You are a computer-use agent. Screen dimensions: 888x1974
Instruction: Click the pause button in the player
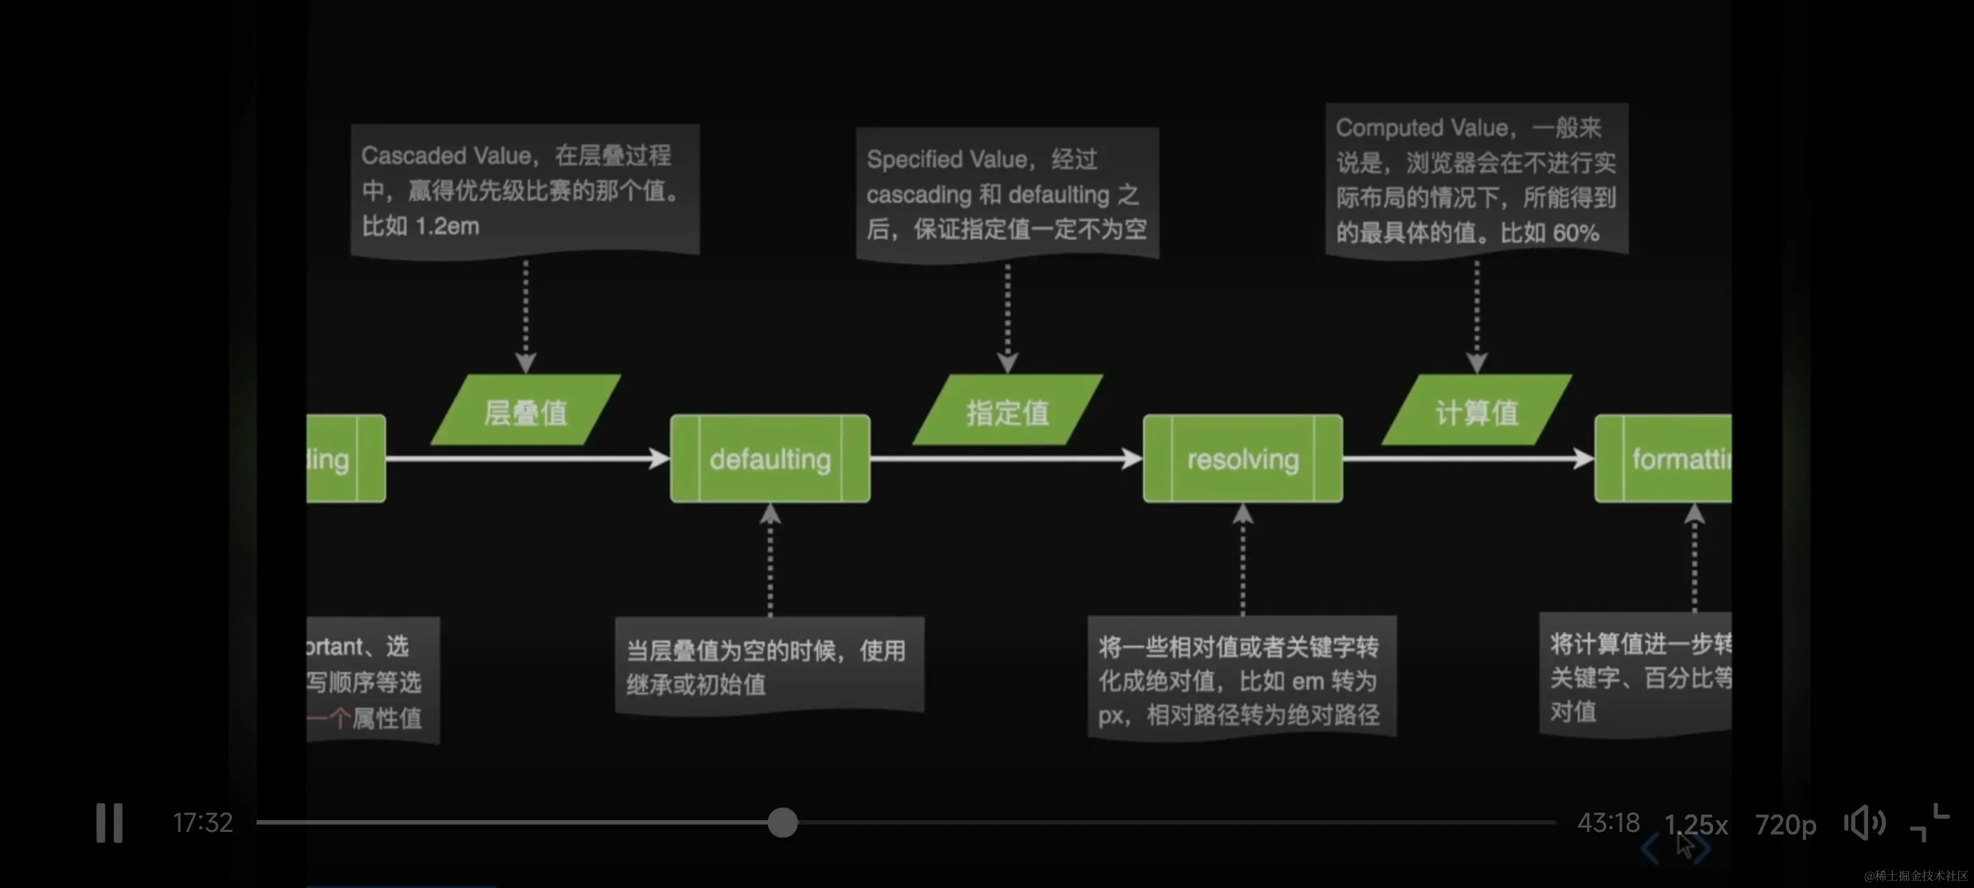click(x=109, y=823)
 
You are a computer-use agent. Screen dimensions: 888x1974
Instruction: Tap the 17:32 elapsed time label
click(x=202, y=823)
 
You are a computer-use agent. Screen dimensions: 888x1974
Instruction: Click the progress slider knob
click(x=783, y=823)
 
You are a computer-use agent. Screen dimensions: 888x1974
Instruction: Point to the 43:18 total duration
click(x=1608, y=823)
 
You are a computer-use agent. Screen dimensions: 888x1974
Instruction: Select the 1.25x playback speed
click(x=1696, y=825)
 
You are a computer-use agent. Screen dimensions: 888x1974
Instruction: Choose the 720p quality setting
click(x=1785, y=825)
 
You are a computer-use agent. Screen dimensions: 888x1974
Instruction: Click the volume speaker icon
click(x=1864, y=823)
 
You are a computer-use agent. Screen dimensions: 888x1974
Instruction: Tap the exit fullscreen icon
click(x=1930, y=823)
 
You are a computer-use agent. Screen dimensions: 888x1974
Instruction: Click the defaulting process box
click(x=770, y=459)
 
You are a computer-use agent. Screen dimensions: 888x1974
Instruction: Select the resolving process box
click(x=1242, y=459)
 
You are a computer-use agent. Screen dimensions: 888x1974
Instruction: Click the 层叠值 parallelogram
click(x=525, y=412)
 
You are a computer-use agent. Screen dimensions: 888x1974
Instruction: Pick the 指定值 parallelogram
click(x=1007, y=412)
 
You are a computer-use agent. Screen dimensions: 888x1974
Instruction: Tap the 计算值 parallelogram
click(x=1476, y=412)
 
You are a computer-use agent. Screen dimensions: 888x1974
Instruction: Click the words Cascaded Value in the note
click(x=446, y=155)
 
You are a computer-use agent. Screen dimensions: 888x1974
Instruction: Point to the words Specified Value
click(x=947, y=159)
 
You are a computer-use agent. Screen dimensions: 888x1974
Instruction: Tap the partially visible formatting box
click(x=1670, y=459)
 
